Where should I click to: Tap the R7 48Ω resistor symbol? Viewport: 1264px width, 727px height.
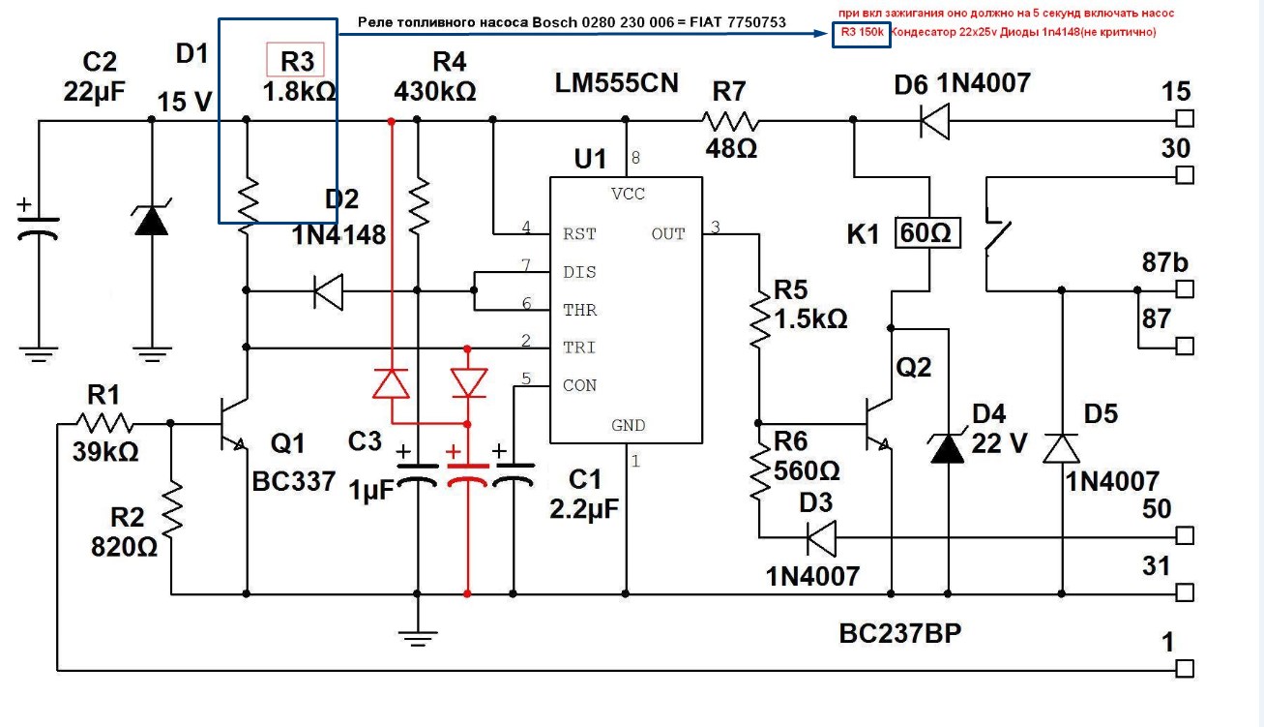[x=730, y=121]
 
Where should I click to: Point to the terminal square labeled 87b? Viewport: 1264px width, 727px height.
[x=1185, y=289]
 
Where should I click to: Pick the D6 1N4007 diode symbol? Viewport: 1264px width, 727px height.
[x=934, y=121]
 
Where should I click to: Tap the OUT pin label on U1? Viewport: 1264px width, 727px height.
[x=667, y=234]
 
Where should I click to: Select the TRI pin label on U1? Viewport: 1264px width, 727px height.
[x=579, y=348]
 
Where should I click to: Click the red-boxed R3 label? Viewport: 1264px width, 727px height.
[x=295, y=62]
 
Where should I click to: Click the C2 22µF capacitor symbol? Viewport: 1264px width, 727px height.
[x=39, y=227]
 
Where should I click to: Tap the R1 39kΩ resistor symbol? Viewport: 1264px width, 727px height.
[x=105, y=423]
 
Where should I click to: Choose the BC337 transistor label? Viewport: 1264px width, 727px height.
[x=293, y=481]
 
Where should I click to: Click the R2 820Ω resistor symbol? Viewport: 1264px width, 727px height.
[x=172, y=514]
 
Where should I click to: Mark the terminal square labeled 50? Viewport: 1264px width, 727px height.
[x=1185, y=536]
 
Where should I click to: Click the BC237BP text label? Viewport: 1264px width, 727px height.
[x=900, y=634]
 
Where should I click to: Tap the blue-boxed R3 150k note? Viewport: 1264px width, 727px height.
[x=859, y=33]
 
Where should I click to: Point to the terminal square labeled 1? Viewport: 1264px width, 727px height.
[x=1185, y=669]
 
